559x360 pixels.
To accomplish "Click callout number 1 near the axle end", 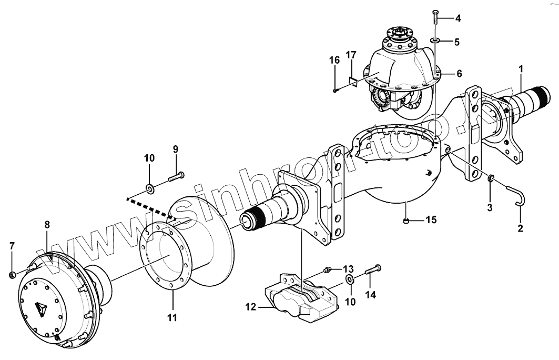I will click(521, 68).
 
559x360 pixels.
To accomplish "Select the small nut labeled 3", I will click(491, 179).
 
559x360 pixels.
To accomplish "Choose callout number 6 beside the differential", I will click(459, 73).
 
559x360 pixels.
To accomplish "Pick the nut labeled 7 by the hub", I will click(13, 274).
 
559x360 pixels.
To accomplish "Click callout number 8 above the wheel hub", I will click(47, 224).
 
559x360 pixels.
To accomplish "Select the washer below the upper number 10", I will click(149, 187).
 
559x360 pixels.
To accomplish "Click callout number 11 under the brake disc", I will click(172, 317).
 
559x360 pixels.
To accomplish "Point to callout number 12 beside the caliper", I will click(251, 306).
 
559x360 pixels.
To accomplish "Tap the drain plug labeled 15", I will click(406, 220).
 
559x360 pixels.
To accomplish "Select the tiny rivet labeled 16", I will click(335, 91).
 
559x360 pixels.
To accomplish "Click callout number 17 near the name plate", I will click(351, 55).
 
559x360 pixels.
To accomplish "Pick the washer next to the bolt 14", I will click(350, 278).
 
